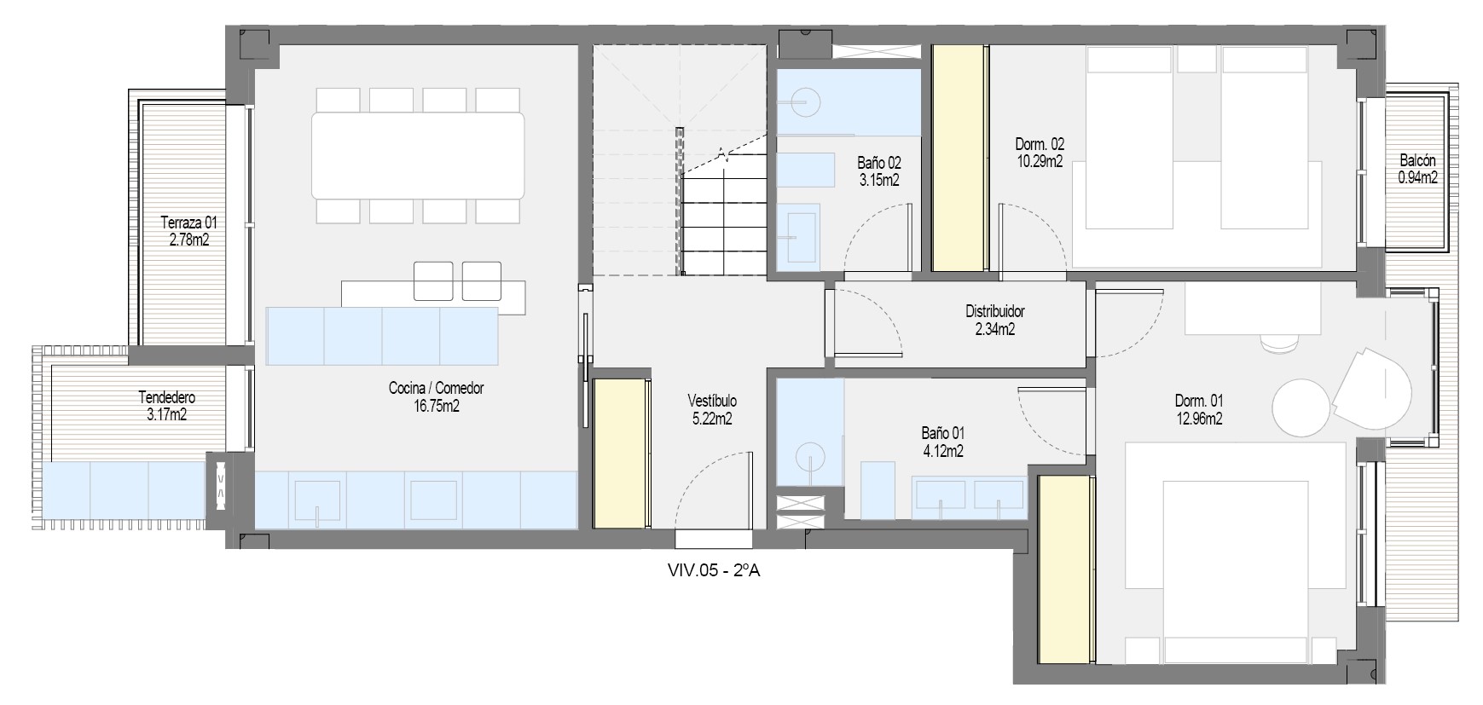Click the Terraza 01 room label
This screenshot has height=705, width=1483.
pyautogui.click(x=188, y=222)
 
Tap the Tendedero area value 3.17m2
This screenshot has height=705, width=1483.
pyautogui.click(x=167, y=416)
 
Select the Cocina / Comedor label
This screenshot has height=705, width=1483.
pyautogui.click(x=436, y=389)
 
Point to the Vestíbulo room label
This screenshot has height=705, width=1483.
pyautogui.click(x=712, y=401)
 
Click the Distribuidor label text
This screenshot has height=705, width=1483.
pyautogui.click(x=994, y=312)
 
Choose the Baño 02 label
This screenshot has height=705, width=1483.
pyautogui.click(x=879, y=163)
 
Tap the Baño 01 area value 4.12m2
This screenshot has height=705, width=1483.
pyautogui.click(x=943, y=451)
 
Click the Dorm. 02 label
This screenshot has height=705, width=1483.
pyautogui.click(x=1040, y=144)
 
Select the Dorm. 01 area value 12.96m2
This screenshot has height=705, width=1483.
pyautogui.click(x=1199, y=419)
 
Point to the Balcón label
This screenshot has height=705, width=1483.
pyautogui.click(x=1417, y=160)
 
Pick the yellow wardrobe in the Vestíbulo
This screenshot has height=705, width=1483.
pyautogui.click(x=620, y=454)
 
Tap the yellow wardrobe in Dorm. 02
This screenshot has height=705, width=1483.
pyautogui.click(x=959, y=158)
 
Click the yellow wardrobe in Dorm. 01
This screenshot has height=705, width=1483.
pyautogui.click(x=1065, y=569)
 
